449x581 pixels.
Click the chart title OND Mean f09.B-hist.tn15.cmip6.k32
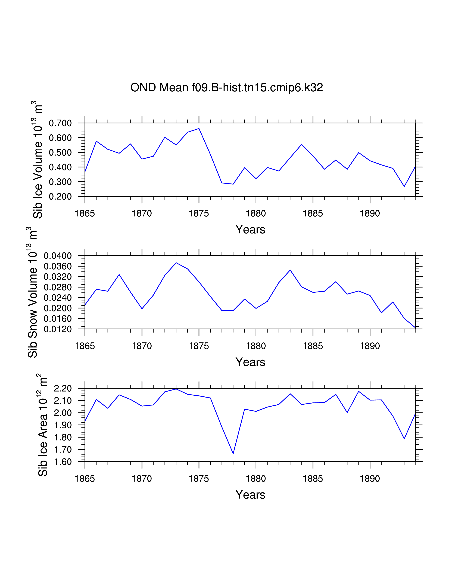click(226, 88)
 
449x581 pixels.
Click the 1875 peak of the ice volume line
click(199, 129)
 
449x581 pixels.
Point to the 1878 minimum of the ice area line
click(233, 454)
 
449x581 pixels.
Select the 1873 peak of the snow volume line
click(176, 263)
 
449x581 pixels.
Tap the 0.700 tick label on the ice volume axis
click(60, 123)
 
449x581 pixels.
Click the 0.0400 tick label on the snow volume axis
click(58, 256)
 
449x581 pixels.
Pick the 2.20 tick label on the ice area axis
click(63, 389)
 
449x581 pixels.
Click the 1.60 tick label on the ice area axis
click(63, 462)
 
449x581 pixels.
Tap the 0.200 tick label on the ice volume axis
click(60, 197)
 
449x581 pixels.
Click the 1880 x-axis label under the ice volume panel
click(256, 213)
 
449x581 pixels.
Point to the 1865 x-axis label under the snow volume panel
click(85, 346)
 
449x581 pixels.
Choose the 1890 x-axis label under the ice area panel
click(370, 479)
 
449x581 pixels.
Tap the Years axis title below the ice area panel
click(250, 495)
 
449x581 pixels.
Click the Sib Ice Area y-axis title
click(43, 425)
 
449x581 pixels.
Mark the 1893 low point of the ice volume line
click(404, 186)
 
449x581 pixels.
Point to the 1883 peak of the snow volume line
click(290, 270)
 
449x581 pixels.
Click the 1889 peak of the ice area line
click(358, 391)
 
